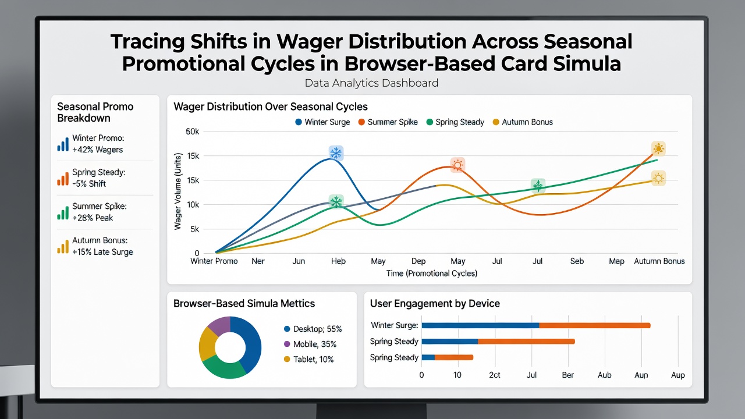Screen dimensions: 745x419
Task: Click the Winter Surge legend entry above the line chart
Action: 322,122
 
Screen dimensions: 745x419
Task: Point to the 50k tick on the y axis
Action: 192,132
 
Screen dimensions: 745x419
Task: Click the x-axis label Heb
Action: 338,261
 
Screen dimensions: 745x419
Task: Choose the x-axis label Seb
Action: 577,261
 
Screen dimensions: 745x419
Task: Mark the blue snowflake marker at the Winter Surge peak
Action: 336,153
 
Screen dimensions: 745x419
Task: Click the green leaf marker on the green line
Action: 538,186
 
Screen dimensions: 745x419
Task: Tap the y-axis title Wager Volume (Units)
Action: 178,191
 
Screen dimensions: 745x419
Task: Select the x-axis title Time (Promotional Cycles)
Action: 432,274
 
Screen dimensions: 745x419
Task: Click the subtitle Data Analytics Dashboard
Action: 371,83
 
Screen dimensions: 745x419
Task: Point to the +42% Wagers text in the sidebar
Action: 97,150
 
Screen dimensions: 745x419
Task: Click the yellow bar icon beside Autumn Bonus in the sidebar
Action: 63,246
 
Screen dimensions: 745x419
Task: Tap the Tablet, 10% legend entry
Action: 308,359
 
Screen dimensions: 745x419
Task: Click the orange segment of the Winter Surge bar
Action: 595,325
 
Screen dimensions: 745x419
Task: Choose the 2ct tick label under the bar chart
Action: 495,375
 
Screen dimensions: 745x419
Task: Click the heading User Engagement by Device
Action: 435,304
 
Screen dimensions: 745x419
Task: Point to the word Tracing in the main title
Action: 148,41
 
